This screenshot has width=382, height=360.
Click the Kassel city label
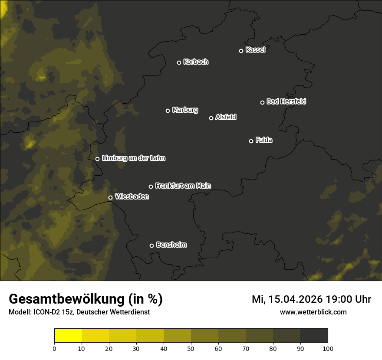[255, 50]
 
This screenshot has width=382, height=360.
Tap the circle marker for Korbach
[179, 62]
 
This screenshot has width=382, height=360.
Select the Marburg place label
[185, 110]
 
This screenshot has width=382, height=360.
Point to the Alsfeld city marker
[211, 118]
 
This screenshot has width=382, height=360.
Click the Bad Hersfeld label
[286, 101]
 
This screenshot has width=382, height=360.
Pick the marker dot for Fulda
[251, 141]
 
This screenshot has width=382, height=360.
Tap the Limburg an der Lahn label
[133, 158]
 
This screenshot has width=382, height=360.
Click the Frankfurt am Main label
[183, 186]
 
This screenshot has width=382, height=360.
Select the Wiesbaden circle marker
[111, 197]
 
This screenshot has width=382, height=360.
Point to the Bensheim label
[171, 245]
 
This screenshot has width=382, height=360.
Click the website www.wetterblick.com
[313, 312]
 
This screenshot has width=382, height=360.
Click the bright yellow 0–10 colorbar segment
[68, 336]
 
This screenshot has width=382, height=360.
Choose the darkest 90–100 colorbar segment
[314, 336]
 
